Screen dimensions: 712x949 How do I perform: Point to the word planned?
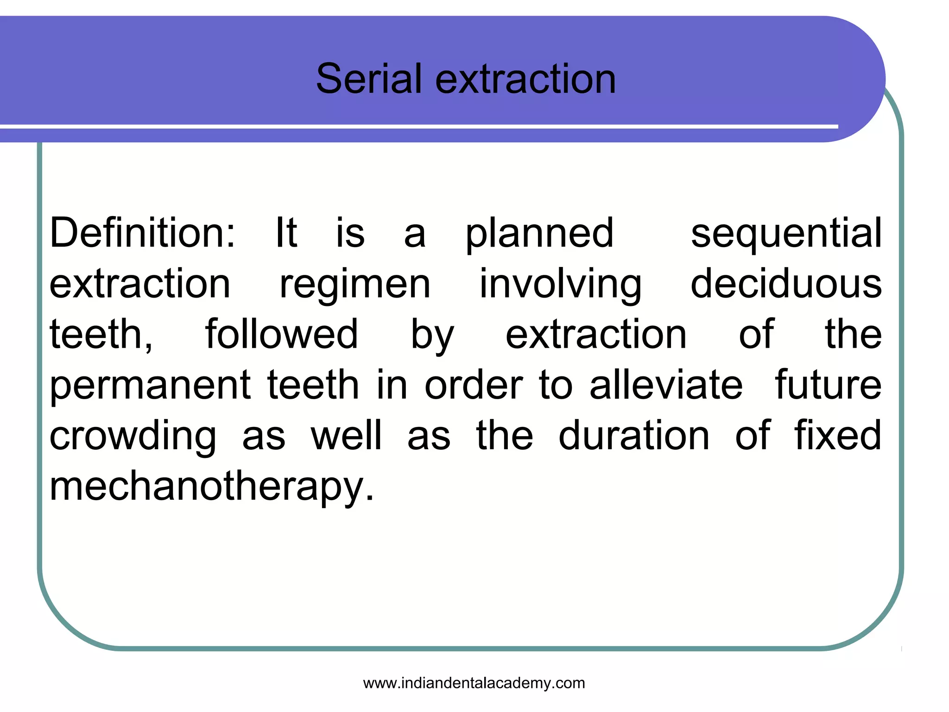(539, 234)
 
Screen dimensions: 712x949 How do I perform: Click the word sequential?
(786, 234)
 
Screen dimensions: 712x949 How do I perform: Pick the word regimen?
(355, 285)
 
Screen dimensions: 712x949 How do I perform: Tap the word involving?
(560, 285)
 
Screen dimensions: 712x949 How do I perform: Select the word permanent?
(150, 386)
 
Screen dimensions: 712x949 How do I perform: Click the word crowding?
(133, 436)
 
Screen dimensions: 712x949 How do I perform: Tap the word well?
(347, 435)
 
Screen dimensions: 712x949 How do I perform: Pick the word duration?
(634, 435)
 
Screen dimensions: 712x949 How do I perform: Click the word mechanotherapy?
(211, 487)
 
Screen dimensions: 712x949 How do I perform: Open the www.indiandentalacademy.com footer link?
(474, 683)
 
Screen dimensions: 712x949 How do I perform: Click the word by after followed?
(432, 335)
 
